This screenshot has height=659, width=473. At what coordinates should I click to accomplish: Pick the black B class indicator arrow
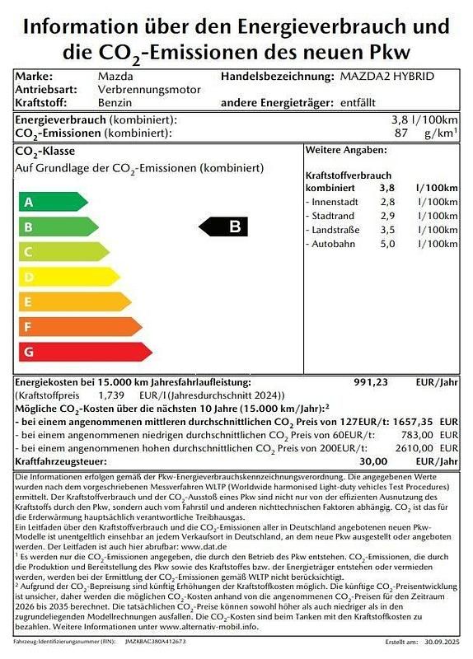point(224,227)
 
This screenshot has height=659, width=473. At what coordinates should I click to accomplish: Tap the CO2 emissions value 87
point(403,133)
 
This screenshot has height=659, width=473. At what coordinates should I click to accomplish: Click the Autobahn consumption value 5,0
point(386,244)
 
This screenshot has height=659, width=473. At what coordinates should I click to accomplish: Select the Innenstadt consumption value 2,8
point(386,202)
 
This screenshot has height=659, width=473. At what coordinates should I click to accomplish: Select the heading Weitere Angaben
point(346,150)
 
